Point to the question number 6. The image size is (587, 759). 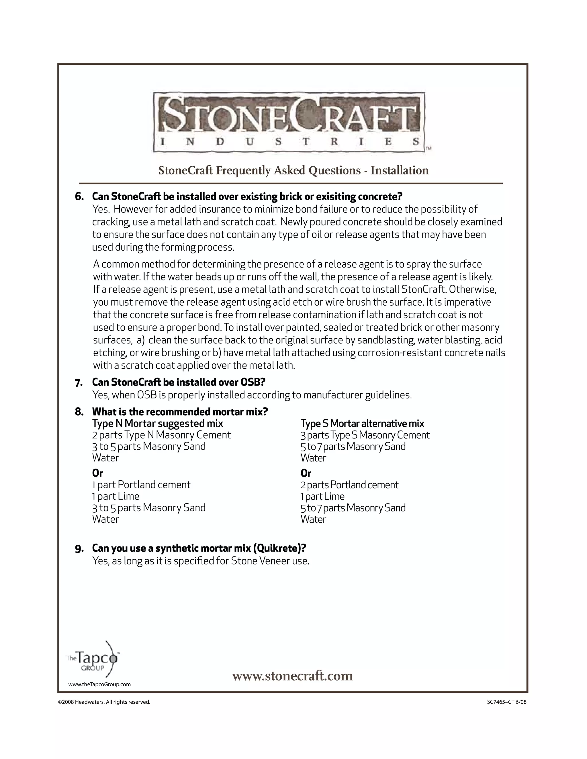point(79,197)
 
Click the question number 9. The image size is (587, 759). point(79,549)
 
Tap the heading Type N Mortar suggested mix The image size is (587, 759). point(158,423)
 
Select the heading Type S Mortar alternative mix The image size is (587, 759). point(362,423)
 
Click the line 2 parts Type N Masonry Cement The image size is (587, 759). point(161,435)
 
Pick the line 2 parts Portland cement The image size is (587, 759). point(349,485)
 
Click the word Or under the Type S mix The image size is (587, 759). point(306,473)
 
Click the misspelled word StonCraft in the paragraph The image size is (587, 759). point(424,290)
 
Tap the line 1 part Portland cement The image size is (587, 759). point(141,485)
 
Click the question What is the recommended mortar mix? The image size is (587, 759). point(180,412)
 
